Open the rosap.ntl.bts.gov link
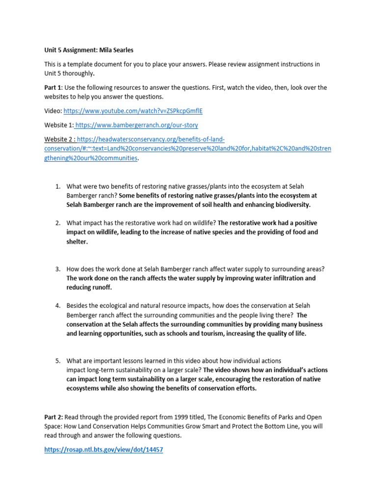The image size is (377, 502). tap(104, 450)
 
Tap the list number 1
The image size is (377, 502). tap(57, 186)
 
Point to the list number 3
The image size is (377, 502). tap(57, 269)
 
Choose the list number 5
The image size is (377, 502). tap(57, 361)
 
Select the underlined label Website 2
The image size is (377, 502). tap(58, 139)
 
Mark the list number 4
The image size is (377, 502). tap(57, 305)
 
